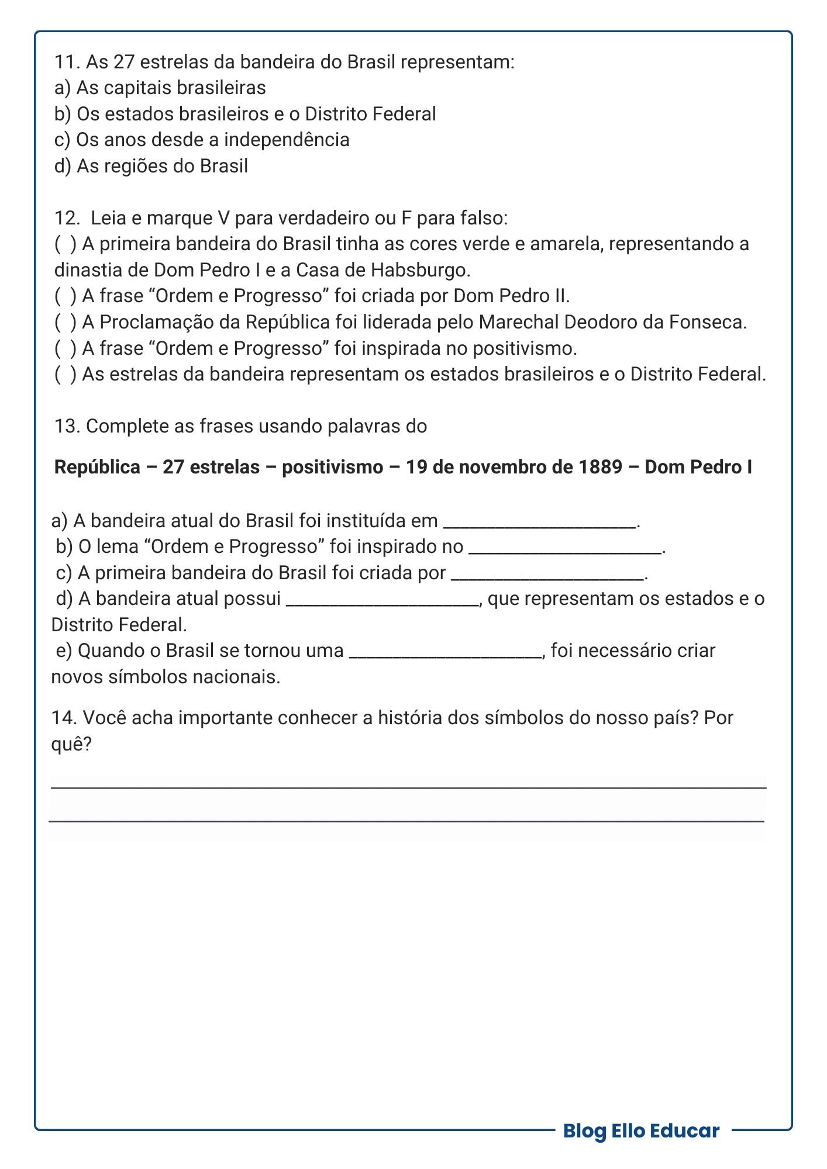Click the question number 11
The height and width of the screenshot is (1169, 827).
click(67, 62)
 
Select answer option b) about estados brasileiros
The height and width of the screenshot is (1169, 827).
click(246, 114)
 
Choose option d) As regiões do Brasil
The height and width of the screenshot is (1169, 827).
click(151, 166)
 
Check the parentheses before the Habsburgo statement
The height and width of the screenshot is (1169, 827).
click(65, 244)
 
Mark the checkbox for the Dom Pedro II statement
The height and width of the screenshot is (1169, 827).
click(65, 296)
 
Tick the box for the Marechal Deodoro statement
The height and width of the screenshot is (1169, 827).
click(65, 322)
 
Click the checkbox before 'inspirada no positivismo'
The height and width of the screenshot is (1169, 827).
click(65, 348)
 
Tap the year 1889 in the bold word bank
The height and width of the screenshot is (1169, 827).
click(600, 467)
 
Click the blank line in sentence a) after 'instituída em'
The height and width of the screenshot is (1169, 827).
click(540, 523)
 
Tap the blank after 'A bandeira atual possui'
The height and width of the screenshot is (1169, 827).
click(382, 601)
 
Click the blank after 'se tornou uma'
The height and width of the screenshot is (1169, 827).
click(446, 653)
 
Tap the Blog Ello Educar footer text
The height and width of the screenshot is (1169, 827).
click(641, 1130)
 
